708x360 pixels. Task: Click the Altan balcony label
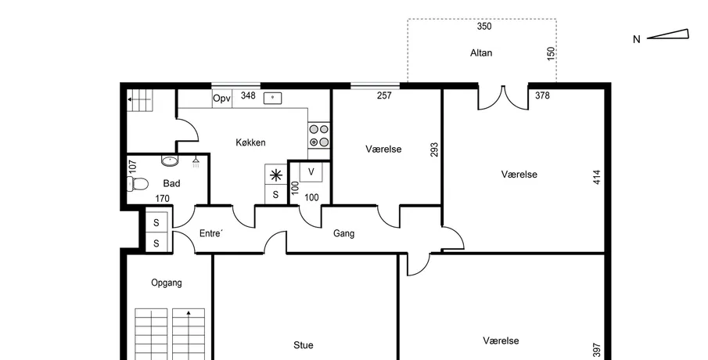pyautogui.click(x=481, y=53)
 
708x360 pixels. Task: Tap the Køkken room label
pyautogui.click(x=250, y=142)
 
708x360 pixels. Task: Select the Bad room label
pyautogui.click(x=171, y=183)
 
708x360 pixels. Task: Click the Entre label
pyautogui.click(x=211, y=233)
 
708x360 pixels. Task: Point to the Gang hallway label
pyautogui.click(x=343, y=233)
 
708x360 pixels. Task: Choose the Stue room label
pyautogui.click(x=304, y=345)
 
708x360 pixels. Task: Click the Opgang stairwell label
pyautogui.click(x=167, y=283)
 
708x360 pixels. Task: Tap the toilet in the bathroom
pyautogui.click(x=137, y=184)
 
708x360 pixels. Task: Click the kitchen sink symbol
pyautogui.click(x=273, y=98)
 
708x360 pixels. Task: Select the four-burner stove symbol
pyautogui.click(x=319, y=135)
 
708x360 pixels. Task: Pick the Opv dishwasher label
pyautogui.click(x=221, y=99)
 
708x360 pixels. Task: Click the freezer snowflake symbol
pyautogui.click(x=275, y=175)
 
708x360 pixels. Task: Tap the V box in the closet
pyautogui.click(x=311, y=172)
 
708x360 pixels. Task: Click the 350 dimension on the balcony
pyautogui.click(x=484, y=26)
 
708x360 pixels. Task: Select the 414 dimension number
pyautogui.click(x=597, y=177)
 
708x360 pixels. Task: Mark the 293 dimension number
pyautogui.click(x=434, y=149)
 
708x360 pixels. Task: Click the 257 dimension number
pyautogui.click(x=384, y=95)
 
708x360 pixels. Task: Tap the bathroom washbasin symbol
pyautogui.click(x=170, y=160)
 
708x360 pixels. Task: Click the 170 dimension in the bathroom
pyautogui.click(x=162, y=198)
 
